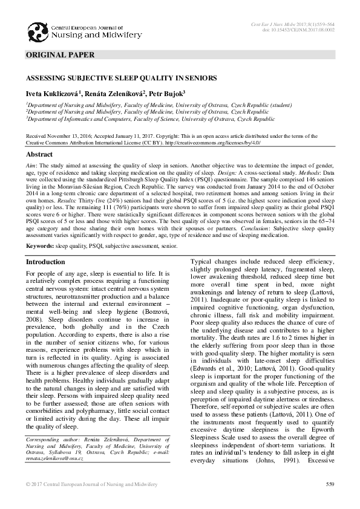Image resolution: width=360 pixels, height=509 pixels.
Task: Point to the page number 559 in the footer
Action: [330, 484]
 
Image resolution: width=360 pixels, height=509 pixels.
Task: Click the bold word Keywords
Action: [41, 247]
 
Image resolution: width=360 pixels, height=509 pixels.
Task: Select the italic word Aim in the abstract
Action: [31, 165]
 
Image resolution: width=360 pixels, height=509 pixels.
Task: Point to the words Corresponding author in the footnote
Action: [49, 437]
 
